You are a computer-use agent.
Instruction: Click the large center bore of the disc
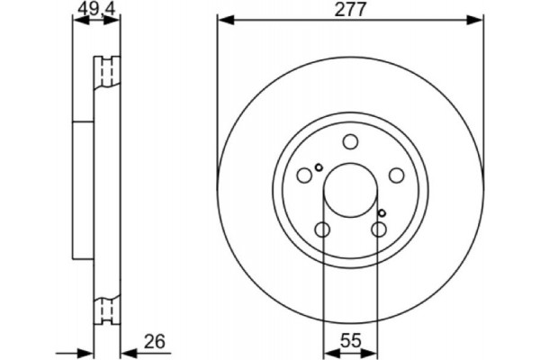coord(349,191)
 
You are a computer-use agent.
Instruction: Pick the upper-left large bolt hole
coord(304,176)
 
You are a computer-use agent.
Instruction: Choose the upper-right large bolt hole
coord(395,176)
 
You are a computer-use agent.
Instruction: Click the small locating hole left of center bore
coord(317,167)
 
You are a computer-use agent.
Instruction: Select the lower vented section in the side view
coord(106,310)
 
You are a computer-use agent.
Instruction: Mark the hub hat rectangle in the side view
coord(83,191)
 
